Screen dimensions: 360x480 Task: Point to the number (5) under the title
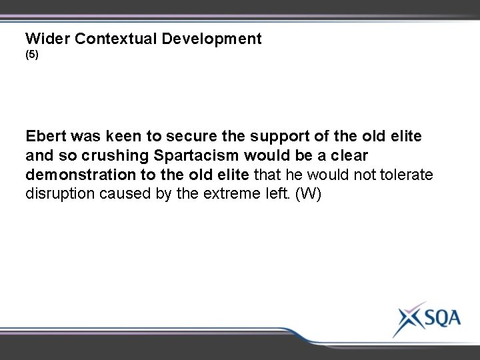[x=32, y=57]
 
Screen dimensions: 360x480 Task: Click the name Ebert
[x=46, y=137]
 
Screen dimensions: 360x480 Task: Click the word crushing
[x=105, y=155]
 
